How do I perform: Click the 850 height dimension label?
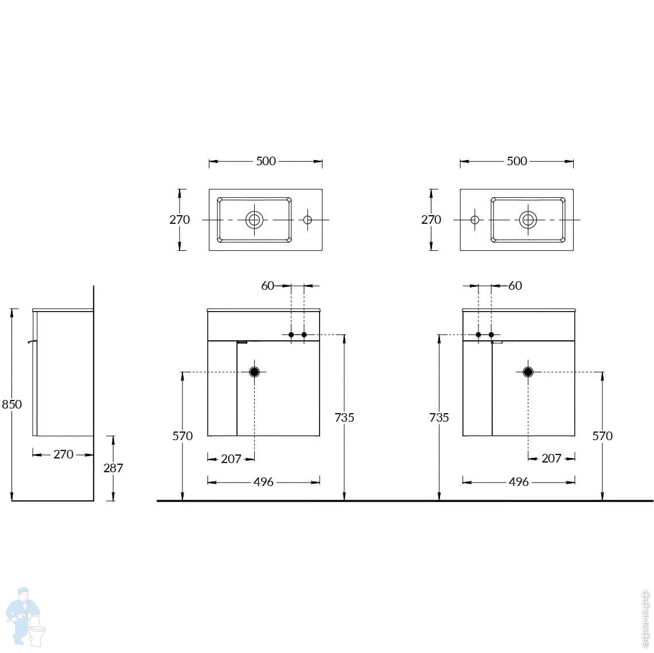12,404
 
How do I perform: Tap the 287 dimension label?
113,468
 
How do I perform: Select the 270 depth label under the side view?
63,454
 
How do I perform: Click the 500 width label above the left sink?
266,161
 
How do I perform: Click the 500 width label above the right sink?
516,161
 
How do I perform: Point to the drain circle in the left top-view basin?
255,219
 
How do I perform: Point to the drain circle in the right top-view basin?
528,219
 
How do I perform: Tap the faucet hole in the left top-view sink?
307,219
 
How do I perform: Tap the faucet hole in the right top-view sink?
475,219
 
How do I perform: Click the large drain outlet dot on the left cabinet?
254,372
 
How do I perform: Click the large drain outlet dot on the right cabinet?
528,372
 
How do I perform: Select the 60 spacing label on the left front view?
268,285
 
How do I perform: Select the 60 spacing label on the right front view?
515,285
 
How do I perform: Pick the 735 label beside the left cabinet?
344,417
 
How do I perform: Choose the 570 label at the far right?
602,436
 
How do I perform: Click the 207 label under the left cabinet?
231,458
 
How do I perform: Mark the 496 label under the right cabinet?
519,482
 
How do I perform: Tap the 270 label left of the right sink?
431,219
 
